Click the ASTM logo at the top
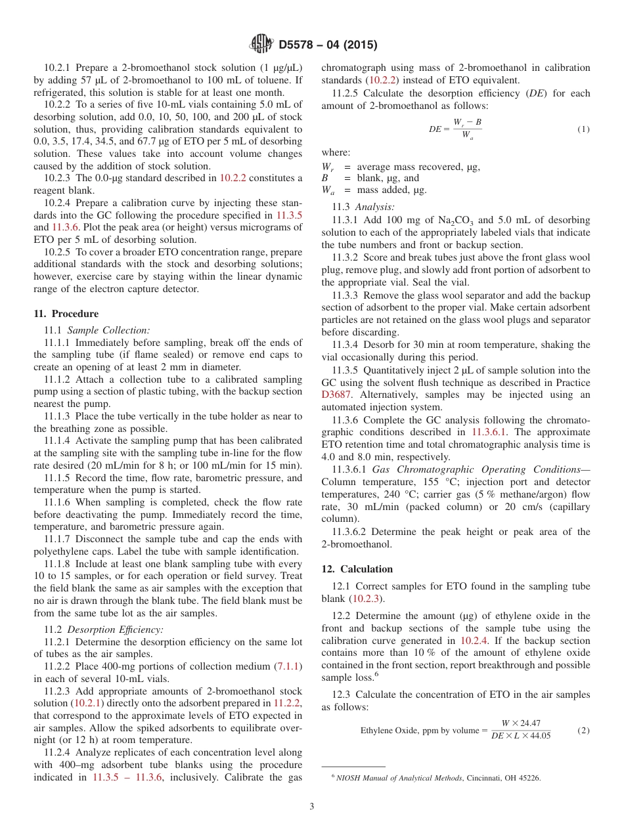(x=261, y=45)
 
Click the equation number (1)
(x=583, y=129)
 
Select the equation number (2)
(x=583, y=730)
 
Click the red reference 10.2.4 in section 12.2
(x=474, y=641)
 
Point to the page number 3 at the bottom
(x=312, y=806)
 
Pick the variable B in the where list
(x=324, y=178)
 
